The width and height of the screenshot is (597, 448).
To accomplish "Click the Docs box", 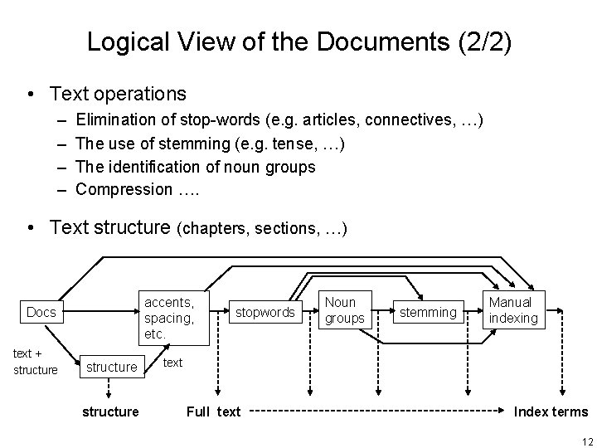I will (41, 313).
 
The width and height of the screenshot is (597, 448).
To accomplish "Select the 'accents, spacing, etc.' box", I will (171, 317).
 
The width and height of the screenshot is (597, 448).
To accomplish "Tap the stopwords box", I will (265, 313).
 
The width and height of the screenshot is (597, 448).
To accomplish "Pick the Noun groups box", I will (345, 310).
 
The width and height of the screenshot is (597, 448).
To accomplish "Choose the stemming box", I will (428, 313).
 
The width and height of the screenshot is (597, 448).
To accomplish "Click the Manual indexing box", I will (513, 310).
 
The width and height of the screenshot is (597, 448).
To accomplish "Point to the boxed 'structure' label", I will (111, 367).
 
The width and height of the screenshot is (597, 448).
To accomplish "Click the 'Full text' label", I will (214, 411).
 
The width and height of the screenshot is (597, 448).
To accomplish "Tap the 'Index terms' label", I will (551, 411).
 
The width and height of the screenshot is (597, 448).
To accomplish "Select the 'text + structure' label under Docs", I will (36, 361).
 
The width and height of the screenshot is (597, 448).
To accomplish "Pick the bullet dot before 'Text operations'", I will (31, 95).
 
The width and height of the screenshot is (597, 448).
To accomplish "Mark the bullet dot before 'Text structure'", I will (31, 227).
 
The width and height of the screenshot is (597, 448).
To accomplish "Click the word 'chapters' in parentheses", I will (214, 228).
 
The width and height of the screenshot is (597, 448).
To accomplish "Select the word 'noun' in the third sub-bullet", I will (242, 167).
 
